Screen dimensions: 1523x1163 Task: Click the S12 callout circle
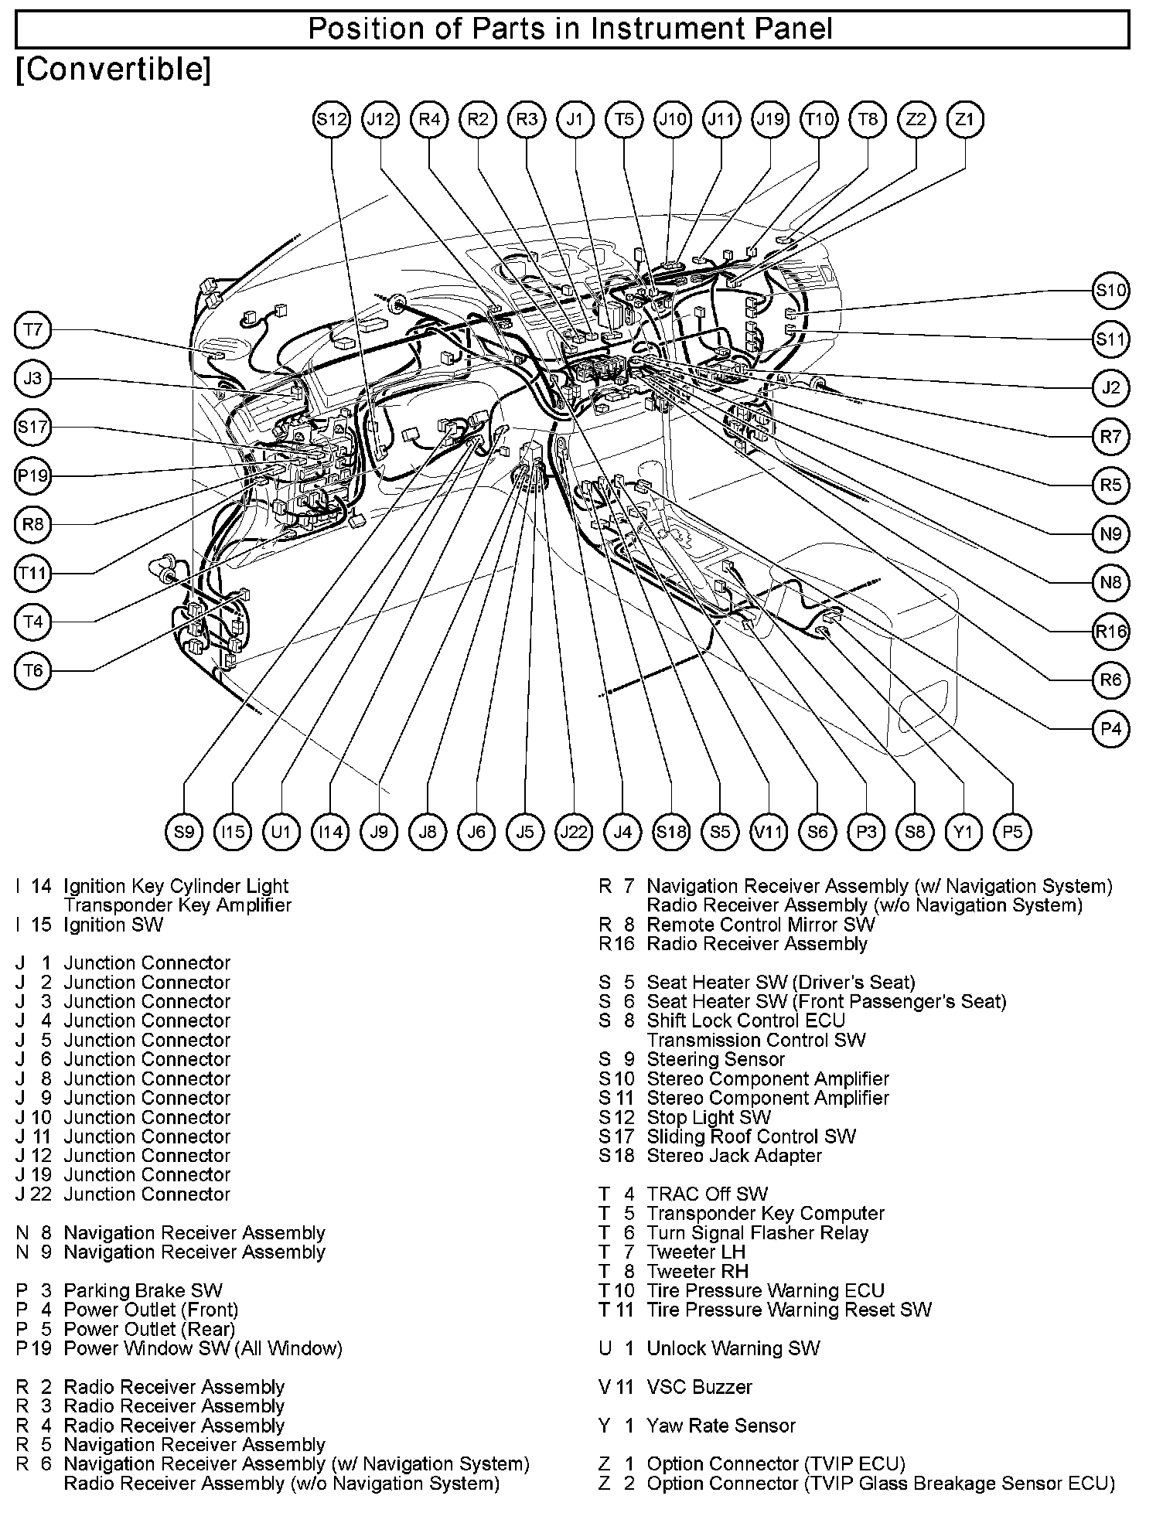[x=332, y=120]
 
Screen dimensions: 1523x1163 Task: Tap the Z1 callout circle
[x=965, y=120]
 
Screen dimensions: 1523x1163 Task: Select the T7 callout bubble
[x=32, y=331]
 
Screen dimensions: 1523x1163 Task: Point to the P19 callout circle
[x=32, y=476]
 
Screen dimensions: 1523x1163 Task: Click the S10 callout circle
[x=1111, y=291]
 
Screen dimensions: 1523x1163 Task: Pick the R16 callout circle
[x=1111, y=631]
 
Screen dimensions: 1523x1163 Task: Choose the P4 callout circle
[x=1111, y=728]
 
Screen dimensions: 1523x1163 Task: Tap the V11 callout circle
[x=769, y=832]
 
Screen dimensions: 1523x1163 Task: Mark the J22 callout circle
[x=574, y=832]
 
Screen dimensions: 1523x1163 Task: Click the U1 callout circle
[x=281, y=832]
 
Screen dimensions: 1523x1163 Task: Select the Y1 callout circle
[x=963, y=832]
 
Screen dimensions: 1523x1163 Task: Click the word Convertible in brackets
[x=113, y=70]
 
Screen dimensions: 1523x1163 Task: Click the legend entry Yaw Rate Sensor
[x=721, y=1426]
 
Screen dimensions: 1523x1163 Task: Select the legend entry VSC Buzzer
[x=699, y=1387]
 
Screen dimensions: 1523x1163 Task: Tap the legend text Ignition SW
[x=114, y=925]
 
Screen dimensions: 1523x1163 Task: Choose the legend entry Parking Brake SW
[x=143, y=1290]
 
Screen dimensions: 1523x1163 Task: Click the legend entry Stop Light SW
[x=708, y=1117]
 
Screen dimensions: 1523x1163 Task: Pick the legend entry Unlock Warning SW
[x=733, y=1348]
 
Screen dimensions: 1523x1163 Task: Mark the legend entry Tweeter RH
[x=697, y=1271]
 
